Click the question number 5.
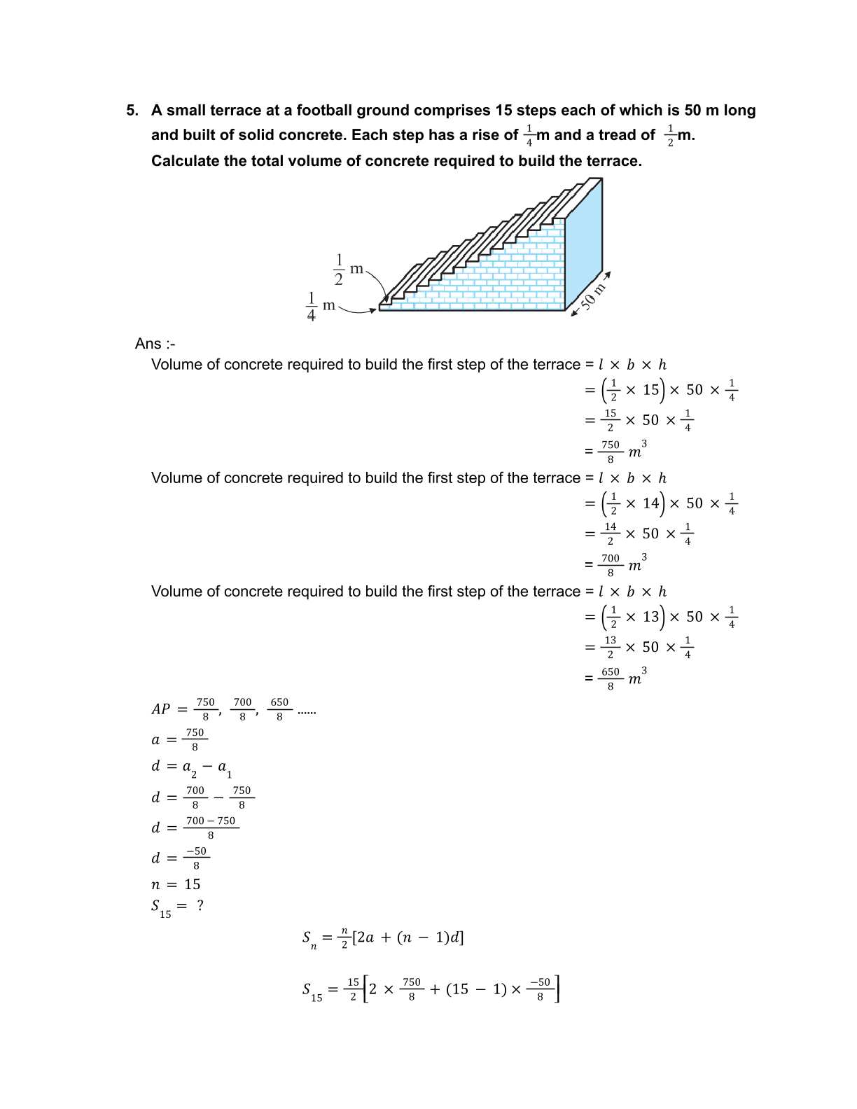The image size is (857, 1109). click(x=132, y=111)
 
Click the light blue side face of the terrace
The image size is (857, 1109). click(x=583, y=245)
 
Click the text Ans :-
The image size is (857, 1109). click(x=155, y=344)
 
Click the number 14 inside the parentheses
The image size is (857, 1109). click(x=651, y=503)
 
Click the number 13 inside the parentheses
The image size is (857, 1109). click(x=651, y=617)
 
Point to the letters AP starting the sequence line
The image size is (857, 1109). click(x=160, y=709)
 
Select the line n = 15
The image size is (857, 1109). click(x=176, y=884)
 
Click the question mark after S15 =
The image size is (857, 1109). click(x=200, y=905)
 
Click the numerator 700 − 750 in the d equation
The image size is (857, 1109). click(x=211, y=821)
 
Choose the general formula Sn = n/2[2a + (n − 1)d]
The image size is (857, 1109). click(x=383, y=938)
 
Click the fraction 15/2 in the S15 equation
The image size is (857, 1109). click(x=353, y=989)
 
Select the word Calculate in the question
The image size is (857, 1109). click(x=185, y=161)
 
